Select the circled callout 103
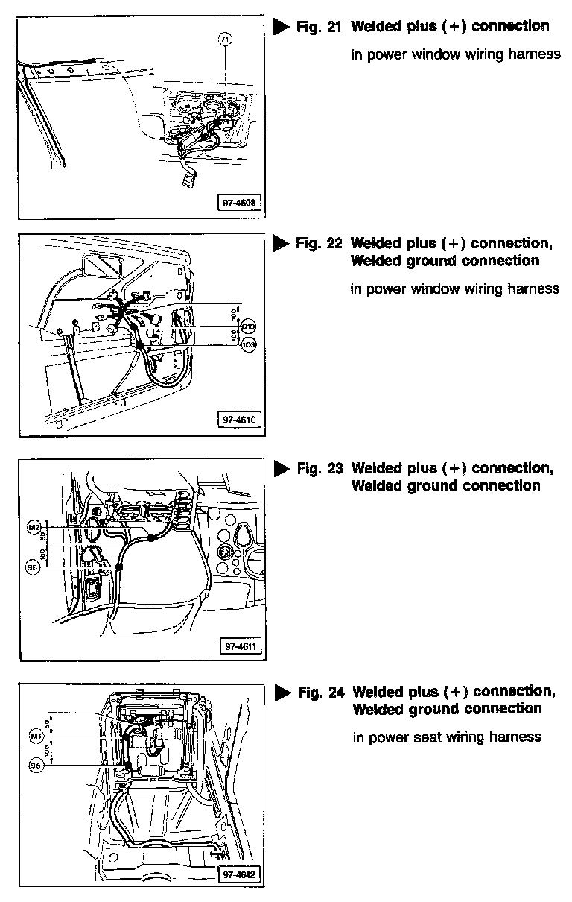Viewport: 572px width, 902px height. [x=249, y=346]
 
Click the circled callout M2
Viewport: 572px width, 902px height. [x=33, y=528]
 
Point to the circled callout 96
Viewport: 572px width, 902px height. [x=33, y=567]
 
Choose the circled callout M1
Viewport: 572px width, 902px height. [x=34, y=737]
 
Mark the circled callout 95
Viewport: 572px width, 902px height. [x=34, y=766]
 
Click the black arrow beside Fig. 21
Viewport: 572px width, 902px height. [x=281, y=27]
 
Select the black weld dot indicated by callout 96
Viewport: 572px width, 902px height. [x=119, y=567]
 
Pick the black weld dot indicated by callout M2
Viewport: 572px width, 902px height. [x=151, y=537]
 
